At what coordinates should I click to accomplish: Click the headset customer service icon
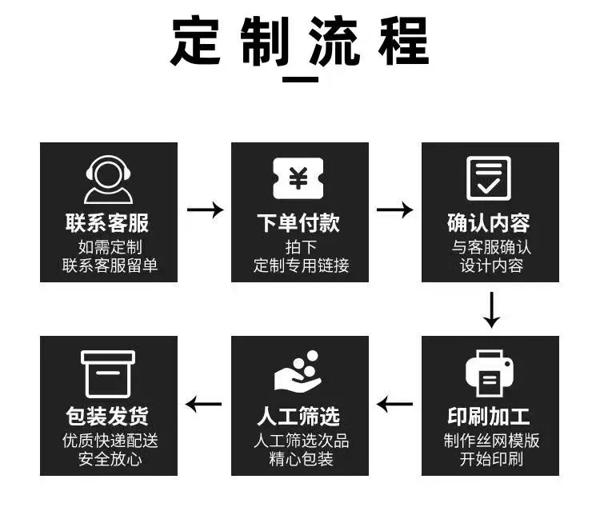(x=108, y=180)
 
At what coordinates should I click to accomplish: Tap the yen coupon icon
(x=298, y=178)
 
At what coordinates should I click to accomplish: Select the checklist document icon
(x=489, y=178)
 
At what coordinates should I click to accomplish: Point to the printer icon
(x=489, y=373)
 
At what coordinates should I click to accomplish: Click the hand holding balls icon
(x=298, y=372)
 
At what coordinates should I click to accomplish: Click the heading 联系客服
(x=108, y=222)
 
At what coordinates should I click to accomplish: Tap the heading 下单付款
(x=298, y=222)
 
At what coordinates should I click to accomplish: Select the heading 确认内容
(x=489, y=222)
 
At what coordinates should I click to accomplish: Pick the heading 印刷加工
(x=489, y=416)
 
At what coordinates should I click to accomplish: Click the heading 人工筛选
(x=298, y=416)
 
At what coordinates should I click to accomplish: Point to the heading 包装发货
(x=108, y=416)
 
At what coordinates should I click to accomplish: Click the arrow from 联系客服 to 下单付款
(x=205, y=210)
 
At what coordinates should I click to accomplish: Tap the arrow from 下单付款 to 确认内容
(x=394, y=210)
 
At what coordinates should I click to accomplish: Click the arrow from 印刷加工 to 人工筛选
(x=394, y=404)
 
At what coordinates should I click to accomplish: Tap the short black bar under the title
(x=301, y=79)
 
